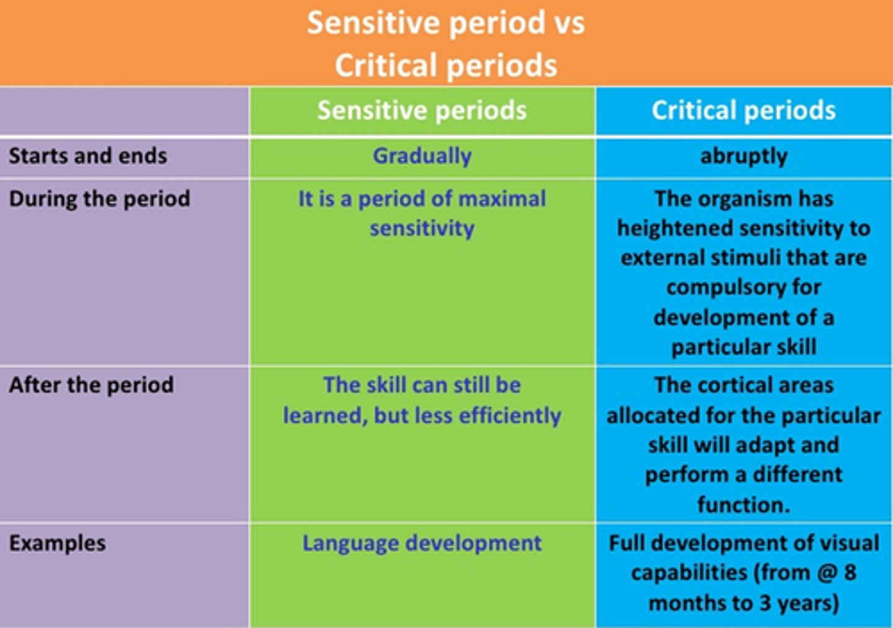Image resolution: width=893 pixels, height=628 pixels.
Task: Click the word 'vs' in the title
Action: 564,24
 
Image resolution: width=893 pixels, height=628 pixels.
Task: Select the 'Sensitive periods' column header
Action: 422,111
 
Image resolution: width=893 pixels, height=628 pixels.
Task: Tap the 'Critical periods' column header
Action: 744,111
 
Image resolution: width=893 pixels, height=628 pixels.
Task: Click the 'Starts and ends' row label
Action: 87,156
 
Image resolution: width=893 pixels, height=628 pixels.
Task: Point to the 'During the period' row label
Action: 99,199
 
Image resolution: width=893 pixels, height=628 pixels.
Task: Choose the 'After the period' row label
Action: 91,385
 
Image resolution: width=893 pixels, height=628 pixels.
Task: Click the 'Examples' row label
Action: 57,543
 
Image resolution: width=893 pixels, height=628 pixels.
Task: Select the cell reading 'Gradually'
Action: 422,156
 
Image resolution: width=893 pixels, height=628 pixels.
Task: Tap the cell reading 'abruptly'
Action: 744,156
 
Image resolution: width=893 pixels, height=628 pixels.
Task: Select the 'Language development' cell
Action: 422,543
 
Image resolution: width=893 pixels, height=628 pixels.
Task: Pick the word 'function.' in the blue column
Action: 744,505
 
